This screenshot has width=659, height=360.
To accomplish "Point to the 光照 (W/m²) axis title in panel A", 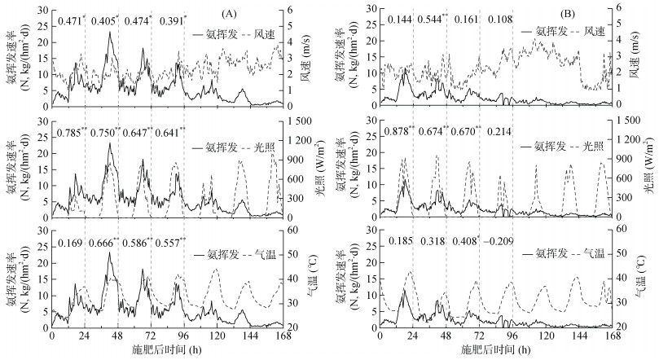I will coord(319,173).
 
